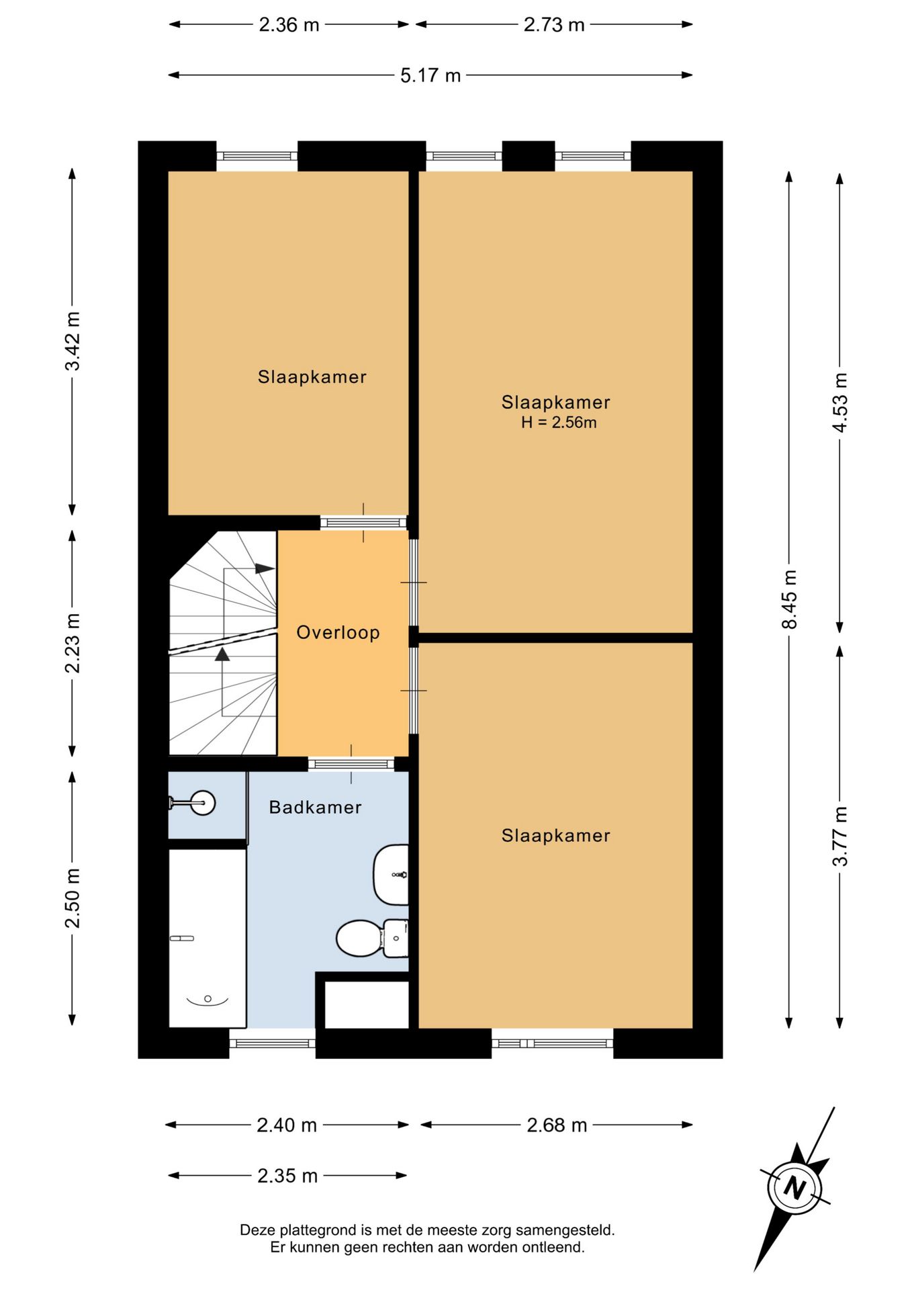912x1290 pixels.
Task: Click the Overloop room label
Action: [338, 632]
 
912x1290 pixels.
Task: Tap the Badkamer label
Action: [315, 807]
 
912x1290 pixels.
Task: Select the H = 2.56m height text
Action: [559, 423]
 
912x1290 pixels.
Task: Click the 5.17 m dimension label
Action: [430, 75]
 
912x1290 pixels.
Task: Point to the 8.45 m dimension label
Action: [790, 599]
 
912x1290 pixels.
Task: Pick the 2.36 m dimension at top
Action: [289, 25]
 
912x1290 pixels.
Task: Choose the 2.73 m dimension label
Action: [554, 25]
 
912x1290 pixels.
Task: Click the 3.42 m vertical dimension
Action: [72, 341]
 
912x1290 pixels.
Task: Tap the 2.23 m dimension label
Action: [72, 643]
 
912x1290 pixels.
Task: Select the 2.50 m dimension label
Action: [72, 898]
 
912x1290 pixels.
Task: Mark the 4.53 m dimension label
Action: [840, 402]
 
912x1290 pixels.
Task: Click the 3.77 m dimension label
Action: [840, 836]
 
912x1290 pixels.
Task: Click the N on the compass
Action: [795, 1188]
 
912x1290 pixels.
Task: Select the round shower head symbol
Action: [202, 803]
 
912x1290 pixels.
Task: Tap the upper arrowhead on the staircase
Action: [265, 568]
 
